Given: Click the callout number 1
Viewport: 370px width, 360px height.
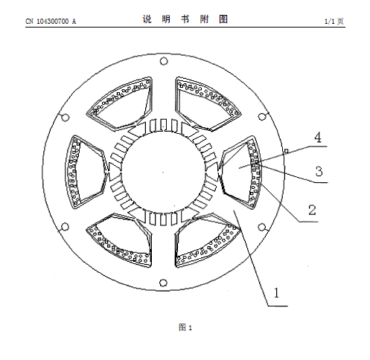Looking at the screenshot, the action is pos(276,293).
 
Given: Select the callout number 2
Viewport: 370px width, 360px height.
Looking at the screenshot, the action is pos(312,210).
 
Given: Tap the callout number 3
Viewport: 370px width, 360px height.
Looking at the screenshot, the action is pos(319,171).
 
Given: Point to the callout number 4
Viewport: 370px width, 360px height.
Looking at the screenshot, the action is pos(318,138).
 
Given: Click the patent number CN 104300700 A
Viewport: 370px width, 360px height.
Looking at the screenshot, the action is pos(51,22).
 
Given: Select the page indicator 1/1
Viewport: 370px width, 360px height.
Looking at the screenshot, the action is pos(330,22).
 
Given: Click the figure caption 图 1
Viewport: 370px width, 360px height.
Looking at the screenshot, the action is pos(185,327).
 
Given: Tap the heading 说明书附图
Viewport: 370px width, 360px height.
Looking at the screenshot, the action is pos(185,19).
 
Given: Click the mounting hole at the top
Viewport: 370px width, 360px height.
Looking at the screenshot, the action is pos(164,61).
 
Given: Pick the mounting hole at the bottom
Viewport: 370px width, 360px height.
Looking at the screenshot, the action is pos(163,283).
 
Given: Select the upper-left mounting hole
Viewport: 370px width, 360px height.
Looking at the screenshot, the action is pos(66,118).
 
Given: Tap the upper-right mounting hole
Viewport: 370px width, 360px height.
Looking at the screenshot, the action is pos(262,117).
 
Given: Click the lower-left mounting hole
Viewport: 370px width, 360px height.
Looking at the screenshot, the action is pos(65,227).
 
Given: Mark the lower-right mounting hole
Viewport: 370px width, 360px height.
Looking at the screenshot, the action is pos(262,227).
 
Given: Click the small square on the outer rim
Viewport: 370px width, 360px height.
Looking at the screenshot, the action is pos(286,151).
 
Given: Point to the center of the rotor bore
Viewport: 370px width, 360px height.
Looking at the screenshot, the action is pos(163,172).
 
